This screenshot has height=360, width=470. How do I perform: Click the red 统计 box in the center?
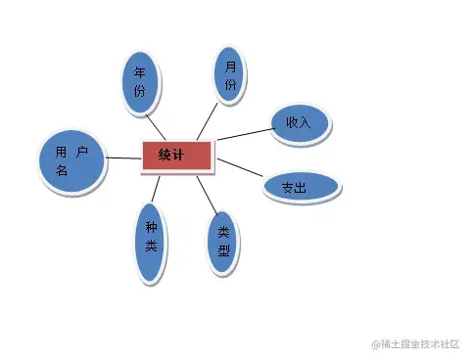click(x=177, y=156)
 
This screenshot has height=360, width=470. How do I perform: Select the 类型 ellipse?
click(x=223, y=244)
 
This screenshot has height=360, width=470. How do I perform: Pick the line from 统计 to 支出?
click(x=240, y=168)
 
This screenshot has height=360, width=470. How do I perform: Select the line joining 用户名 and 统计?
click(x=120, y=157)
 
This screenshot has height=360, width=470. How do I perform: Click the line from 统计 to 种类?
click(x=158, y=188)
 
